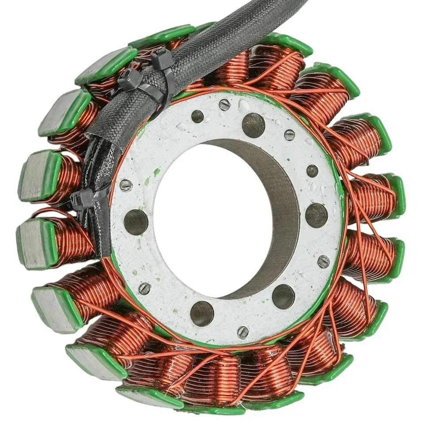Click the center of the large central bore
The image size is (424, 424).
click(221, 216)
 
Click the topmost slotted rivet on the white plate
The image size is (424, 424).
click(225, 105)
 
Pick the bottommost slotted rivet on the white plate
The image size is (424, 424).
click(242, 332)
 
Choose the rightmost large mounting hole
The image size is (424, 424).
click(317, 216)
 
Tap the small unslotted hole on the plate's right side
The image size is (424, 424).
click(312, 170)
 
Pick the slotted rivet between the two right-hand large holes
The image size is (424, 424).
click(323, 261)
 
